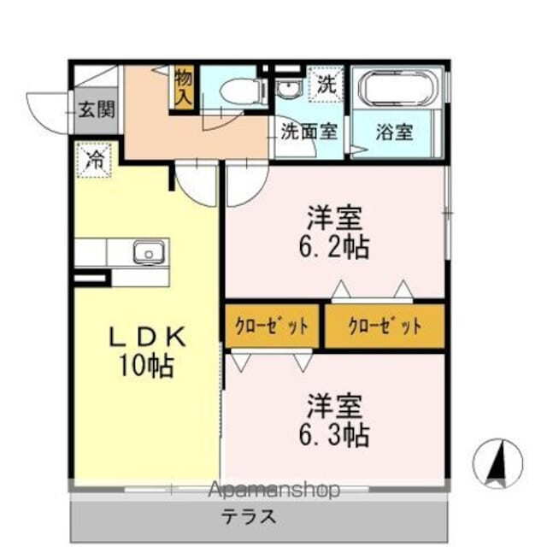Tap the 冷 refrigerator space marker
tap(95, 158)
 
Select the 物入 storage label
tap(184, 86)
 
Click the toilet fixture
tap(241, 89)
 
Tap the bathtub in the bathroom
tap(396, 90)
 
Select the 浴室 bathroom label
tap(395, 133)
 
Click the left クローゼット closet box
tap(272, 326)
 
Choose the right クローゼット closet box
tap(385, 326)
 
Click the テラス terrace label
tap(249, 517)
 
